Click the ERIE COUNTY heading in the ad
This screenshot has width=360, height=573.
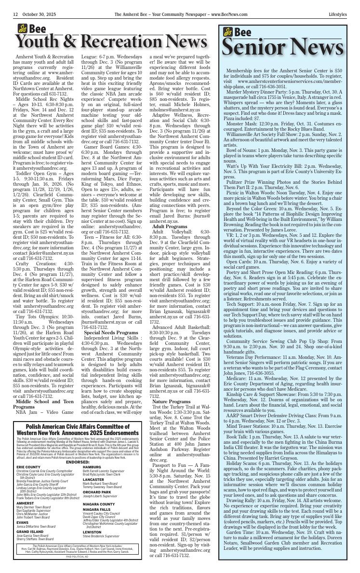[x=28, y=467]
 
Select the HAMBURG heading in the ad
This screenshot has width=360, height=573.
[x=92, y=467]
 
